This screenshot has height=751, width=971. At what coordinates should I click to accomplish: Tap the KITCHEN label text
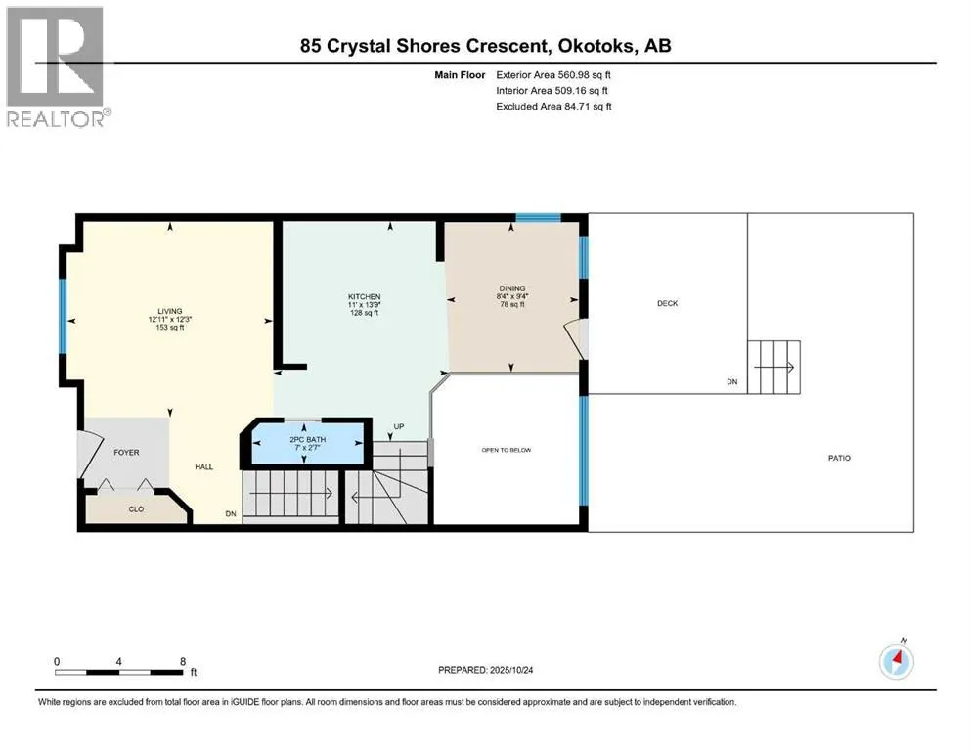[364, 297]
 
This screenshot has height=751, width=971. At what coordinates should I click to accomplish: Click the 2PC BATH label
[307, 439]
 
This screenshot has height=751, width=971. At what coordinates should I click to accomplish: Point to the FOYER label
[127, 453]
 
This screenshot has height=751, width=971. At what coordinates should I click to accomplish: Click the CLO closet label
[136, 508]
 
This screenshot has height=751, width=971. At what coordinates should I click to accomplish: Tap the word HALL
[203, 467]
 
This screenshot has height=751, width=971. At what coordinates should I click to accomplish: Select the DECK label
[667, 303]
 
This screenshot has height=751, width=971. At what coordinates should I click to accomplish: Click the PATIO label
[838, 458]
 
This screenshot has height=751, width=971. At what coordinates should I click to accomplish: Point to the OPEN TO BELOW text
[506, 450]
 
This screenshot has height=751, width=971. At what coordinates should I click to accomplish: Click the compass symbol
[896, 661]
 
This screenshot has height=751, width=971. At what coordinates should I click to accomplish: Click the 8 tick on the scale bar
[183, 661]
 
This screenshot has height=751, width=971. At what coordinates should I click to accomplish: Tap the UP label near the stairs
[398, 427]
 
